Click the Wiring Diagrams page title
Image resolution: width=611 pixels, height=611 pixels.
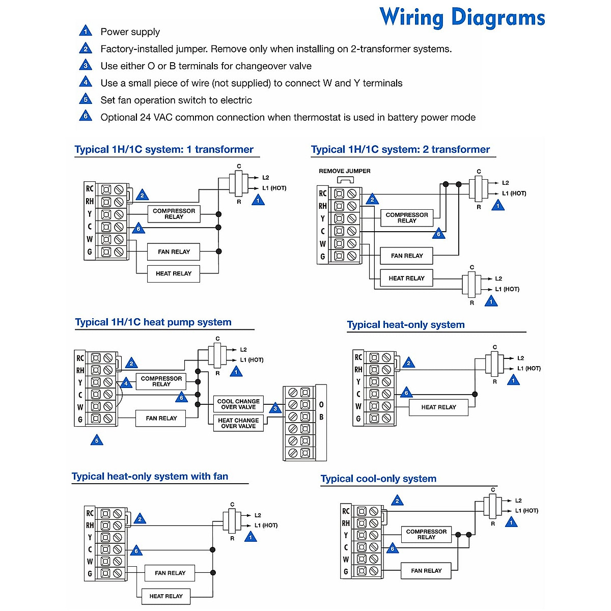462,18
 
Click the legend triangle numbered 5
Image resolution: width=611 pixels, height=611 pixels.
86,99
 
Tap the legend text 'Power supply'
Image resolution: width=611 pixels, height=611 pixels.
130,32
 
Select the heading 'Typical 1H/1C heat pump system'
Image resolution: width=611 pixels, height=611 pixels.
153,322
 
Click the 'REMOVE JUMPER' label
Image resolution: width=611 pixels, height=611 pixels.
345,171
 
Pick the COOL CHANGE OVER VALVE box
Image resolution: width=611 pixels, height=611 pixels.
238,404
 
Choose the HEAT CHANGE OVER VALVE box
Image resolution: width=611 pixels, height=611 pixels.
238,423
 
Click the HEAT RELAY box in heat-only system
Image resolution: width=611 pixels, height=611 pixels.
438,407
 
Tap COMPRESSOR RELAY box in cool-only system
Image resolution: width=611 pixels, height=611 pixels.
426,535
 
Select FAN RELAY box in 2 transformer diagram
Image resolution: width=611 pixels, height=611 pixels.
406,256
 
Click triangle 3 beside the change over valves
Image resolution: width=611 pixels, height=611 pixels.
275,409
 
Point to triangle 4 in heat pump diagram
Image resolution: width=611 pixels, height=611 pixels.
126,384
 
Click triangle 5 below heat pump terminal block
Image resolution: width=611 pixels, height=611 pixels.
97,440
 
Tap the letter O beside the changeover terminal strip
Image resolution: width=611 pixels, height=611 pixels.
321,405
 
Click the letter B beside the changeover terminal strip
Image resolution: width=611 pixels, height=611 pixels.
321,417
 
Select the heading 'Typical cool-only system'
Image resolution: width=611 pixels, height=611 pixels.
378,479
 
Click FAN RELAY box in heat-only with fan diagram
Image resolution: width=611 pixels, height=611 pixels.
170,573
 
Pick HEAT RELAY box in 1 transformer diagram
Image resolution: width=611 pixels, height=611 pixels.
174,274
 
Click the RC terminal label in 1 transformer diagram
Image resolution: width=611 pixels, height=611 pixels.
90,189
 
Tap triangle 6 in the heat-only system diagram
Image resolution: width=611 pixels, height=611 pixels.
406,393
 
